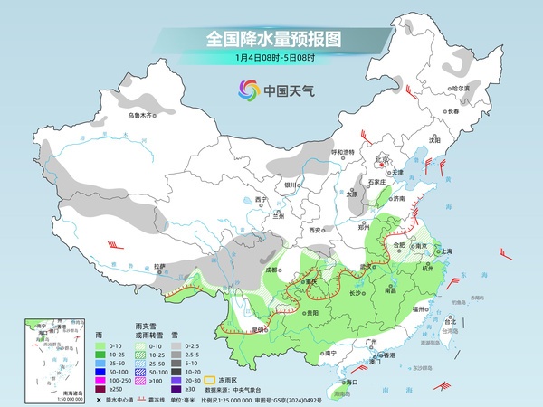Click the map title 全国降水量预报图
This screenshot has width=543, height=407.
click(271, 39)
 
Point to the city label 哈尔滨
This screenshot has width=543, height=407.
click(461, 88)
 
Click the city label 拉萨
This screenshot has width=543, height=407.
click(159, 266)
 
